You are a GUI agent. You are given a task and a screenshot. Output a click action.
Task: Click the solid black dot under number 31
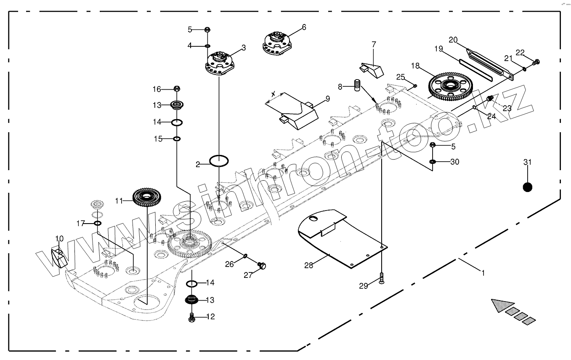point(528,187)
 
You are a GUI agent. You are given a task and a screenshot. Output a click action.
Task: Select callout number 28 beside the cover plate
point(309,265)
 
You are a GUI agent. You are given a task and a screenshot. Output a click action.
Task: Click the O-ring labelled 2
point(219,160)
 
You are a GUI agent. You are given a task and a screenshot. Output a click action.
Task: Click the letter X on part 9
point(274,93)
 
